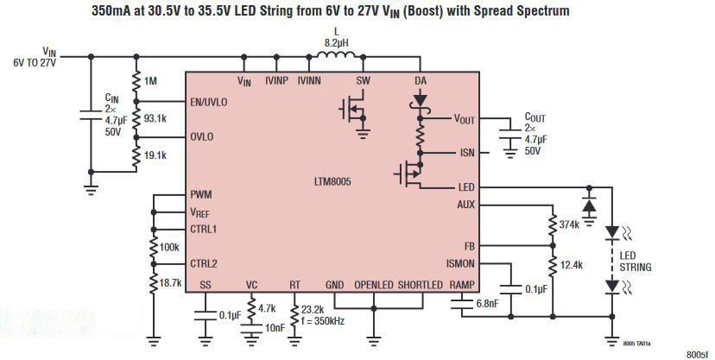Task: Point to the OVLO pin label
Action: (x=202, y=137)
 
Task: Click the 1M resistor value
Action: (x=151, y=81)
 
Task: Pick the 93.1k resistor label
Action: (x=156, y=117)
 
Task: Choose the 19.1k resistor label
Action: (x=156, y=155)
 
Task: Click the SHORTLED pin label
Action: (x=421, y=285)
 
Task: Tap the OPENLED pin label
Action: (x=373, y=285)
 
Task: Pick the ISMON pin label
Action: (x=458, y=263)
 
